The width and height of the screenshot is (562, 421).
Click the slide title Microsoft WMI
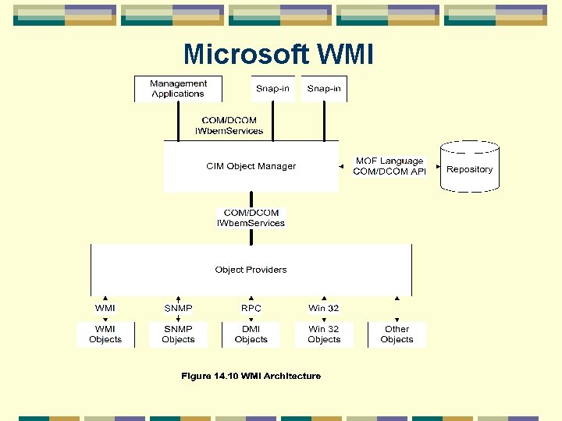click(278, 55)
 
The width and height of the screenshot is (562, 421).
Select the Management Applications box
click(178, 89)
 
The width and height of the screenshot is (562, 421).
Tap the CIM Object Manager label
click(251, 166)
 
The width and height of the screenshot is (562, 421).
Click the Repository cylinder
click(469, 168)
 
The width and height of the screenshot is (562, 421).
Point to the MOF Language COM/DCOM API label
click(389, 166)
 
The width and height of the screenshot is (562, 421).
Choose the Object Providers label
click(251, 270)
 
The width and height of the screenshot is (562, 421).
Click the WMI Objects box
click(105, 334)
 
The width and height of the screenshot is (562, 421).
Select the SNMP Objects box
click(178, 334)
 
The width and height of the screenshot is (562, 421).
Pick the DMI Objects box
click(251, 334)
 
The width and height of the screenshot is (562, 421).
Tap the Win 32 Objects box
click(324, 334)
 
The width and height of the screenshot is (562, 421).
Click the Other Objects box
click(397, 334)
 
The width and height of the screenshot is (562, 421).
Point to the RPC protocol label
click(251, 308)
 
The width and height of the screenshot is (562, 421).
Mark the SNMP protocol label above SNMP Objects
click(178, 308)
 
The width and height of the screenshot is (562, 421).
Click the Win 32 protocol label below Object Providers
click(323, 308)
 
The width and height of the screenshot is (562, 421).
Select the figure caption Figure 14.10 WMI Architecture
click(251, 376)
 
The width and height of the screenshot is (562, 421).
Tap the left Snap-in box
click(272, 89)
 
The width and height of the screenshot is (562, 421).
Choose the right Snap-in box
click(324, 89)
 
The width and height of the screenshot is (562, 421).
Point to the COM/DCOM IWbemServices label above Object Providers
click(251, 218)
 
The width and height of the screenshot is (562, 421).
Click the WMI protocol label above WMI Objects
click(105, 308)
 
